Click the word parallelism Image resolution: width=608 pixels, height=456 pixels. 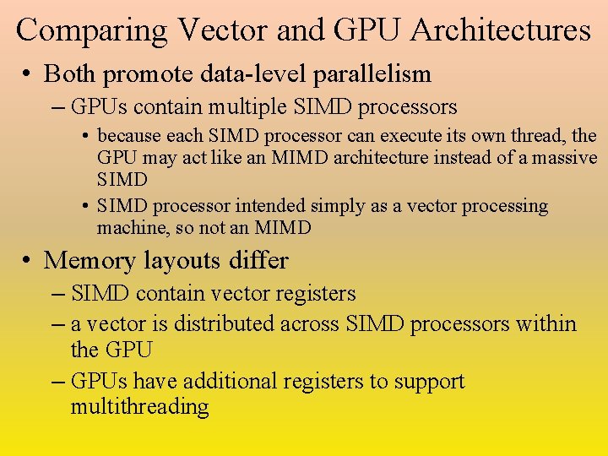[372, 74]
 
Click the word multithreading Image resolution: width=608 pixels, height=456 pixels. [139, 406]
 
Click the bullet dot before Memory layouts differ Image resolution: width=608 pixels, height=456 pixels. [28, 260]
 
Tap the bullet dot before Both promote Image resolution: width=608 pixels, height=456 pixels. [28, 74]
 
